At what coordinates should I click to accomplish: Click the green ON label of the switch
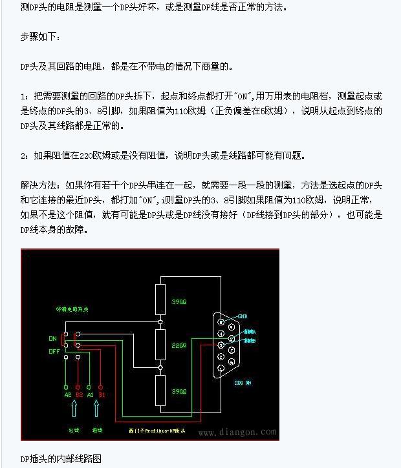[x=52, y=338]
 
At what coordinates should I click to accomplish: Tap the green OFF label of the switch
[x=54, y=351]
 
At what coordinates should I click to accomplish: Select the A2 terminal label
[x=67, y=394]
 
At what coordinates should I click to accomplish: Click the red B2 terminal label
[x=79, y=394]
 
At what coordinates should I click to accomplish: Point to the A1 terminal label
[x=91, y=394]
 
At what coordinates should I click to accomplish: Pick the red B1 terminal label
[x=102, y=394]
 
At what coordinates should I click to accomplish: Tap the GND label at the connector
[x=243, y=316]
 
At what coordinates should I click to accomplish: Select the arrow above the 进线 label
[x=97, y=409]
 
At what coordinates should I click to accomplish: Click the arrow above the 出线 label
[x=73, y=409]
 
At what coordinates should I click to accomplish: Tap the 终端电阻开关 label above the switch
[x=71, y=310]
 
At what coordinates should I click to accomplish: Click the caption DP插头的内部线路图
[x=61, y=459]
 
